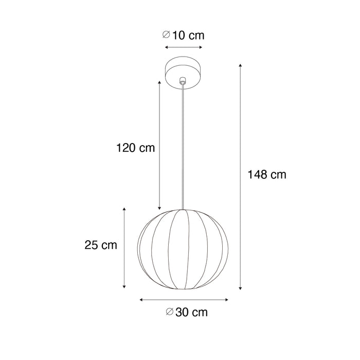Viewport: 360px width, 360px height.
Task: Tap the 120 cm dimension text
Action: tap(135, 148)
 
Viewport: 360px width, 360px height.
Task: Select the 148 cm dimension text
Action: tap(267, 175)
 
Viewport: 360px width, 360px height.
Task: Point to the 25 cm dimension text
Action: tap(101, 245)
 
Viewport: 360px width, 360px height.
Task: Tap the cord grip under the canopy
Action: tap(183, 82)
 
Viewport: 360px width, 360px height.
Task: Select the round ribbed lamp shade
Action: tap(183, 249)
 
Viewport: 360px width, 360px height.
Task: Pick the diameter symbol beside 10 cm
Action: tap(166, 35)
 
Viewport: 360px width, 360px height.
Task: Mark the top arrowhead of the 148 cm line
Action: tap(241, 66)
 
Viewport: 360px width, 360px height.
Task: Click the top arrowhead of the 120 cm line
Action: tap(160, 82)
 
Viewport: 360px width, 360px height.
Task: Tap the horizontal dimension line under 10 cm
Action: tap(183, 47)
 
